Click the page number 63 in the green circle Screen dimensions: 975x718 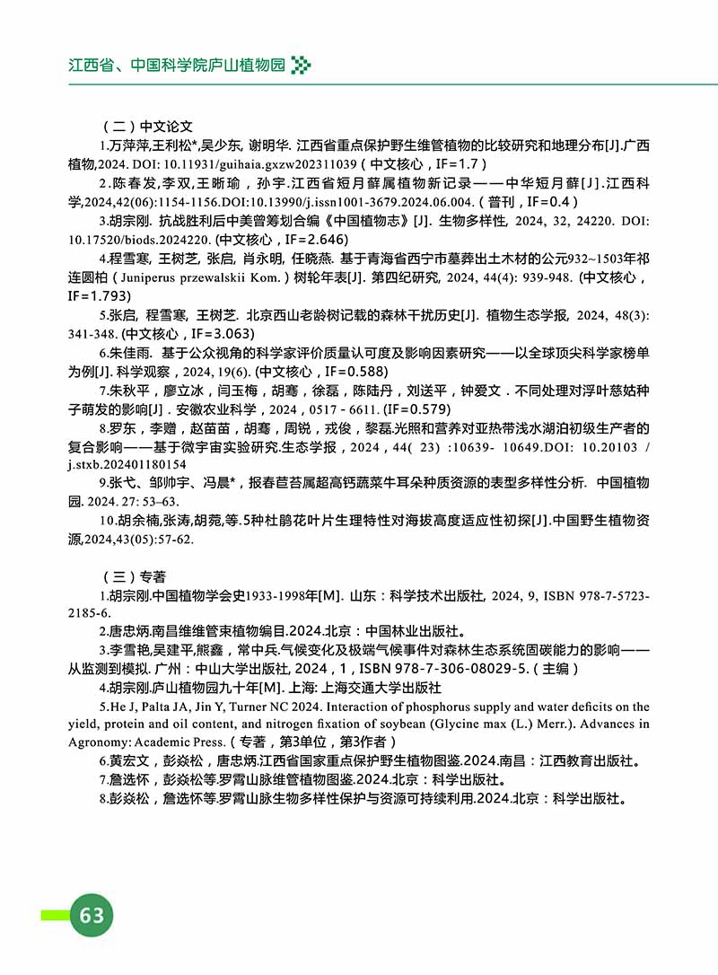92,915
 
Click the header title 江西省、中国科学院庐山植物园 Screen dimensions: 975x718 176,66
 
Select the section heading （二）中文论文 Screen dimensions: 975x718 143,127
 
